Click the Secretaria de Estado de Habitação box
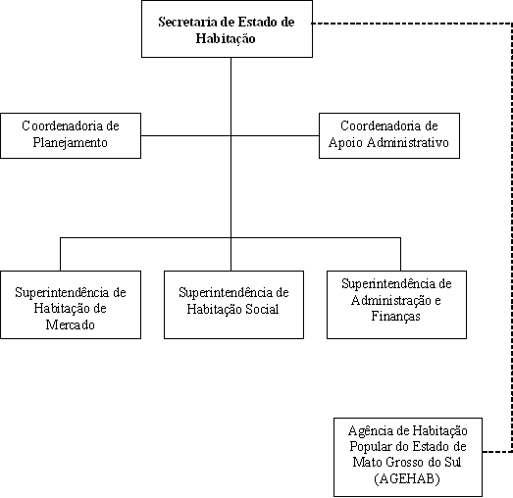click(227, 28)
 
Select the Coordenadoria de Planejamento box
click(71, 135)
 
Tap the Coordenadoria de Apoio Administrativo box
click(389, 135)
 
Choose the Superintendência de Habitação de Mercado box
click(71, 305)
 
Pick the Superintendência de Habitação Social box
click(233, 305)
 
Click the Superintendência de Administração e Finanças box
click(396, 305)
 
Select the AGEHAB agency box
click(408, 457)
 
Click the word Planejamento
click(70, 143)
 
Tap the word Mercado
click(70, 325)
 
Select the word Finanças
click(395, 317)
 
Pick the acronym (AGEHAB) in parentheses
click(407, 479)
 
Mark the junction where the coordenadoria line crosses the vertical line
click(231, 135)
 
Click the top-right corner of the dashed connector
click(512, 24)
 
